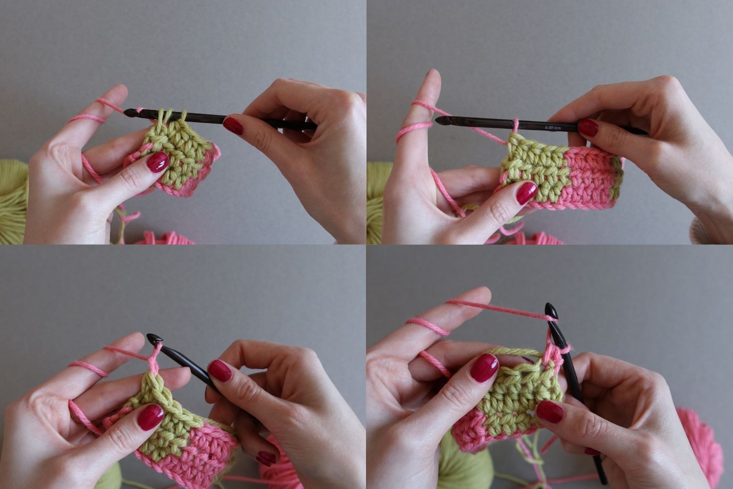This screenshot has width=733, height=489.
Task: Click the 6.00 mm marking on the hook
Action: (x=553, y=127)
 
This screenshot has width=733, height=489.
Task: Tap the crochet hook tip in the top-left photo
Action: (x=125, y=113)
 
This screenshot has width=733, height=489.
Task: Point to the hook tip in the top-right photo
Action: (x=436, y=121)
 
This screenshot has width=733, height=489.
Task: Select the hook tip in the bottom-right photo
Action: (x=547, y=304)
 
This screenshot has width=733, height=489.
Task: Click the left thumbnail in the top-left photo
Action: (x=157, y=162)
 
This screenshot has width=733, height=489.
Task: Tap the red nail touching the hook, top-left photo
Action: (x=233, y=126)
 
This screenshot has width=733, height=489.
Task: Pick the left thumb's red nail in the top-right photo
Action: (x=527, y=193)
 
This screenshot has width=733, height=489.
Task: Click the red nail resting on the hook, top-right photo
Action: (x=588, y=128)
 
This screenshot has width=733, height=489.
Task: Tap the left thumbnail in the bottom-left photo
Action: (x=151, y=417)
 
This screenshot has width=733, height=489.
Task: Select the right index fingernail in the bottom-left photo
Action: (x=220, y=371)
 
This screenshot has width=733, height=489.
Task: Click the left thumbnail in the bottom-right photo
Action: (x=484, y=368)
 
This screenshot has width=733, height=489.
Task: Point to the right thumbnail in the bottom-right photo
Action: (x=550, y=412)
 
